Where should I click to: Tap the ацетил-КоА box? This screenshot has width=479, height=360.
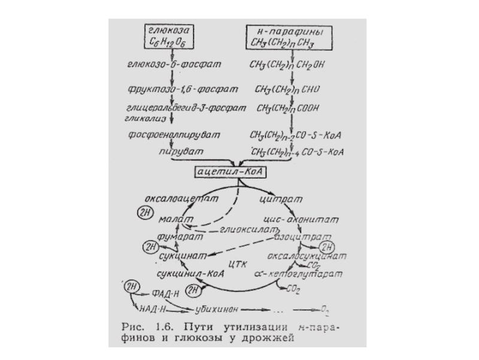[x=229, y=172]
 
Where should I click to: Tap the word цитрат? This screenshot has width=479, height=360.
[x=277, y=198]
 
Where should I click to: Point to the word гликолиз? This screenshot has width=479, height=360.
[x=140, y=119]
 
